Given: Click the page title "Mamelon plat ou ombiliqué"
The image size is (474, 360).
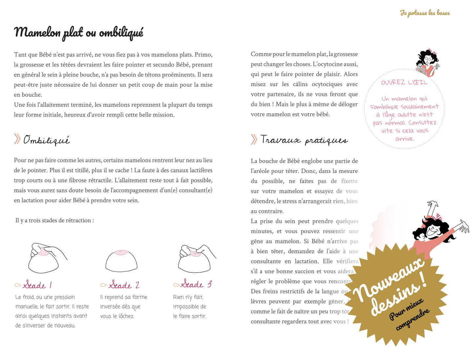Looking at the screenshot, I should [x=79, y=33].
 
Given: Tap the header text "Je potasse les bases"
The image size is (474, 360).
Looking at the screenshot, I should [x=425, y=13].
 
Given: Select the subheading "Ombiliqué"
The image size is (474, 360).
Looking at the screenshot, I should [x=47, y=140].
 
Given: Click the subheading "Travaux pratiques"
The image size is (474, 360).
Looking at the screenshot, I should [x=304, y=140].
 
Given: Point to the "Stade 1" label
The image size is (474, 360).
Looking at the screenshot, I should [x=37, y=285].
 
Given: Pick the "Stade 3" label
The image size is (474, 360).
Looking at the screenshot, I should [x=196, y=284].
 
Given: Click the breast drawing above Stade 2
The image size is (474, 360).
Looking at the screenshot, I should [x=121, y=261].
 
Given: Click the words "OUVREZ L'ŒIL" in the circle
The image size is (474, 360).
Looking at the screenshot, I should [x=404, y=83].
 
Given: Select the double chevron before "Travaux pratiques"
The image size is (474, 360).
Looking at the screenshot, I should [x=254, y=139].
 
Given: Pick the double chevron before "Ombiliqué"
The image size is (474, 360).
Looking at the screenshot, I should [x=17, y=139].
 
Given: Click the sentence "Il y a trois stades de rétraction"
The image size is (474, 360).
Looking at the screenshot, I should [x=54, y=220].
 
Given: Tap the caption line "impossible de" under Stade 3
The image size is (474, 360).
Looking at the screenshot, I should [x=190, y=307].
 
